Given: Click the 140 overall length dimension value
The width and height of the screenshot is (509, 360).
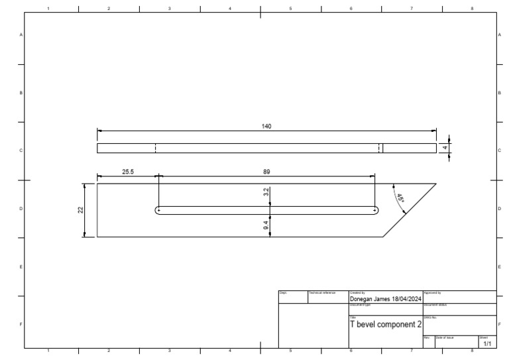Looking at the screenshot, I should [266, 126].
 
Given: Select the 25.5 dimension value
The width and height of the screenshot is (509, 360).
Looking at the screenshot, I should [127, 171].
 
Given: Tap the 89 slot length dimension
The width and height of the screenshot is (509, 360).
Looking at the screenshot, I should [266, 171].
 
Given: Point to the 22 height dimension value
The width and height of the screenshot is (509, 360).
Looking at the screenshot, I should [81, 210].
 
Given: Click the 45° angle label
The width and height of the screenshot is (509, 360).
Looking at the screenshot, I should [400, 198].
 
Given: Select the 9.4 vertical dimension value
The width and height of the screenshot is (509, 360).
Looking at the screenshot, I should [266, 226].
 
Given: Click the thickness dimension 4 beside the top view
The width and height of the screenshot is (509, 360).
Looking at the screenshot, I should [445, 148].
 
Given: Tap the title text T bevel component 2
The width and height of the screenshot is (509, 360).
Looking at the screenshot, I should [385, 324].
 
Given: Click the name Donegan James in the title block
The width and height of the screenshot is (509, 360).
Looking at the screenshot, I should [369, 299].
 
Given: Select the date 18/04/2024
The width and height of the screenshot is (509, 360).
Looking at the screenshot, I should [406, 299].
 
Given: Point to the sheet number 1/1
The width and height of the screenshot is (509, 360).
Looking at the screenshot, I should [487, 344].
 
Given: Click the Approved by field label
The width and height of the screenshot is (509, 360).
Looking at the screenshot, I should [432, 292].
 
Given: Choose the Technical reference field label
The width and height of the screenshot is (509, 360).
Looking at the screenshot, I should [322, 292].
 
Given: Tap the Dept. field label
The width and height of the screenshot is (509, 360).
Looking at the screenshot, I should [282, 292].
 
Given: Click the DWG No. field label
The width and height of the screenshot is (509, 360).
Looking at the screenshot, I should [430, 317].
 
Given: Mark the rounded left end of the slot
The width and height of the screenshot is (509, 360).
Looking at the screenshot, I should [158, 211].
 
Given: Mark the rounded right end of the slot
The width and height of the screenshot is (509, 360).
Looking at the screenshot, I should [376, 211].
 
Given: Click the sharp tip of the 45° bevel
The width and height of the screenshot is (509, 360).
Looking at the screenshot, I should [435, 184].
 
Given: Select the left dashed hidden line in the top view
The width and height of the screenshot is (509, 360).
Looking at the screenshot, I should [155, 148].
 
